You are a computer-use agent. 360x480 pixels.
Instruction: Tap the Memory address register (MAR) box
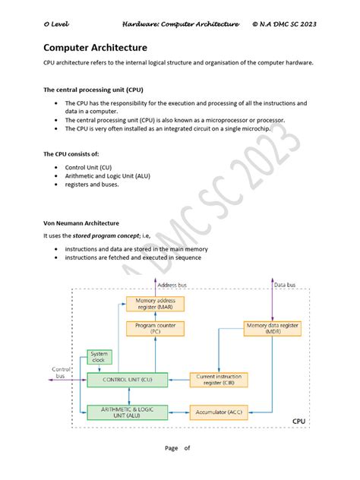click(x=155, y=304)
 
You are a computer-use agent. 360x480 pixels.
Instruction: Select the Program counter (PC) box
click(x=155, y=328)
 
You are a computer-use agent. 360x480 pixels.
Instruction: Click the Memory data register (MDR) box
click(x=273, y=328)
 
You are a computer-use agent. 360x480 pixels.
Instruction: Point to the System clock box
click(x=99, y=357)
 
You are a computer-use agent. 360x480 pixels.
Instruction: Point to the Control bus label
click(x=61, y=372)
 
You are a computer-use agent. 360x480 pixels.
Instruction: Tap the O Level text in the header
click(x=56, y=24)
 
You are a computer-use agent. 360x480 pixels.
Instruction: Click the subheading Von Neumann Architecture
click(x=81, y=223)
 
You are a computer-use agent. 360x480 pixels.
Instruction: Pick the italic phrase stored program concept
click(x=106, y=236)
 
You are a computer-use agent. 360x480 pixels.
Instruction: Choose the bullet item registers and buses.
click(x=92, y=184)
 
